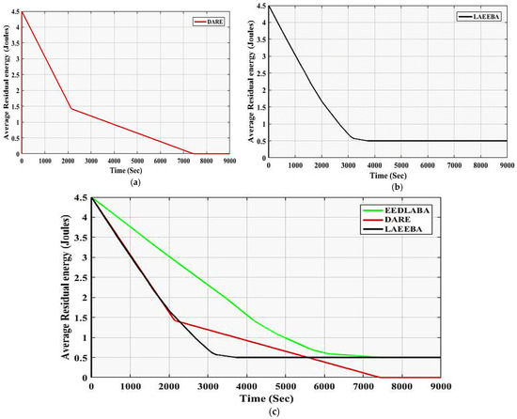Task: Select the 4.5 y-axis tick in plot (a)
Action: point(14,12)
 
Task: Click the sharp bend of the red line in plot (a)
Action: point(70,109)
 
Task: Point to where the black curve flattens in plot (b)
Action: point(355,139)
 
